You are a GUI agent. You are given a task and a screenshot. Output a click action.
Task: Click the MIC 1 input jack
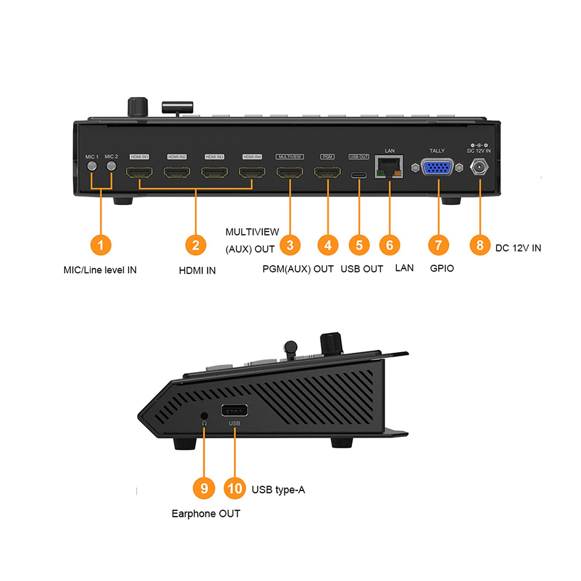pyautogui.click(x=92, y=166)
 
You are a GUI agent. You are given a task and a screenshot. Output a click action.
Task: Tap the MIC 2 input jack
pyautogui.click(x=111, y=166)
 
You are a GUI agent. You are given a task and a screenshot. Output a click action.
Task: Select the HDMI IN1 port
pyautogui.click(x=139, y=172)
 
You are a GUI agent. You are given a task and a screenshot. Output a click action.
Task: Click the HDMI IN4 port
pyautogui.click(x=252, y=172)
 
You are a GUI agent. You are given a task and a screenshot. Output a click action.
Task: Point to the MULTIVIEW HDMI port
pyautogui.click(x=290, y=172)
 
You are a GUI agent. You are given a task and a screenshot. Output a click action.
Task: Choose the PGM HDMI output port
pyautogui.click(x=327, y=172)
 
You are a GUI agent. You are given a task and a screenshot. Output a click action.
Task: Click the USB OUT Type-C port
pyautogui.click(x=359, y=175)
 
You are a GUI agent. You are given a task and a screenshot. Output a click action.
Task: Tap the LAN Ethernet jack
pyautogui.click(x=389, y=167)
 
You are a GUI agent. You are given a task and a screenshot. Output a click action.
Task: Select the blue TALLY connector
pyautogui.click(x=437, y=168)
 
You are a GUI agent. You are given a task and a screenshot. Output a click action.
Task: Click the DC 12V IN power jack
pyautogui.click(x=479, y=168)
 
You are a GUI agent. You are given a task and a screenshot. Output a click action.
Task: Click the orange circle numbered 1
pyautogui.click(x=101, y=245)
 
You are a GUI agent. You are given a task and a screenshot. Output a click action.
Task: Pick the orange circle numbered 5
pyautogui.click(x=359, y=245)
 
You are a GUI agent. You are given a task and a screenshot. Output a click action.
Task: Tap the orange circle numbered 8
pyautogui.click(x=480, y=245)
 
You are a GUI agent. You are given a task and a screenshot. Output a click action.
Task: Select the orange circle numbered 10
pyautogui.click(x=235, y=488)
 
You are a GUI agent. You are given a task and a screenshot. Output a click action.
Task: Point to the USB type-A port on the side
pyautogui.click(x=234, y=410)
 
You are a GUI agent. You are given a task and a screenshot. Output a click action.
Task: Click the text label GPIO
pyautogui.click(x=442, y=268)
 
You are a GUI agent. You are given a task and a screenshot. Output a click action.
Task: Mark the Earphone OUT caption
pyautogui.click(x=206, y=514)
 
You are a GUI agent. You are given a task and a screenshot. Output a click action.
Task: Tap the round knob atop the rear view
pyautogui.click(x=138, y=107)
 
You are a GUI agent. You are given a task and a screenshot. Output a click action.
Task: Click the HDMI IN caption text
pyautogui.click(x=197, y=270)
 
